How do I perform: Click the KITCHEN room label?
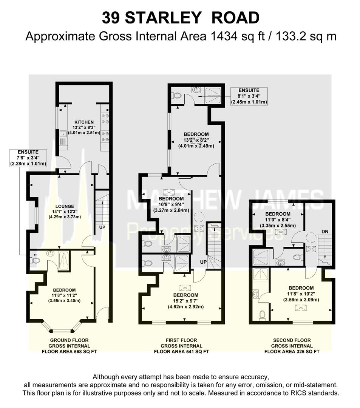(84, 122)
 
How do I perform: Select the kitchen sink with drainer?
(63, 138)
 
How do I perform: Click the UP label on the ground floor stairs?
(102, 227)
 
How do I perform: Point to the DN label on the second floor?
(325, 231)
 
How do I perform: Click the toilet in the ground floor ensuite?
(35, 260)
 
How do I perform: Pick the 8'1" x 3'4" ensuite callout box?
(249, 96)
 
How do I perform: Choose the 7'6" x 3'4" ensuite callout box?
(28, 158)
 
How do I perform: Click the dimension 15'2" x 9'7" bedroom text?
(186, 301)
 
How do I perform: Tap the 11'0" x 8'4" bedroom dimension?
(278, 220)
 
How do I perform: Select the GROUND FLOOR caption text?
(69, 340)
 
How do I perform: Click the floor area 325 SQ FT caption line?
(292, 352)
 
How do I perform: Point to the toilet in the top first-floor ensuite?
(177, 95)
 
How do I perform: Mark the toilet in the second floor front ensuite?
(262, 315)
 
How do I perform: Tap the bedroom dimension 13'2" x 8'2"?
(196, 140)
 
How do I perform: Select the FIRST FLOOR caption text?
(181, 340)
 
